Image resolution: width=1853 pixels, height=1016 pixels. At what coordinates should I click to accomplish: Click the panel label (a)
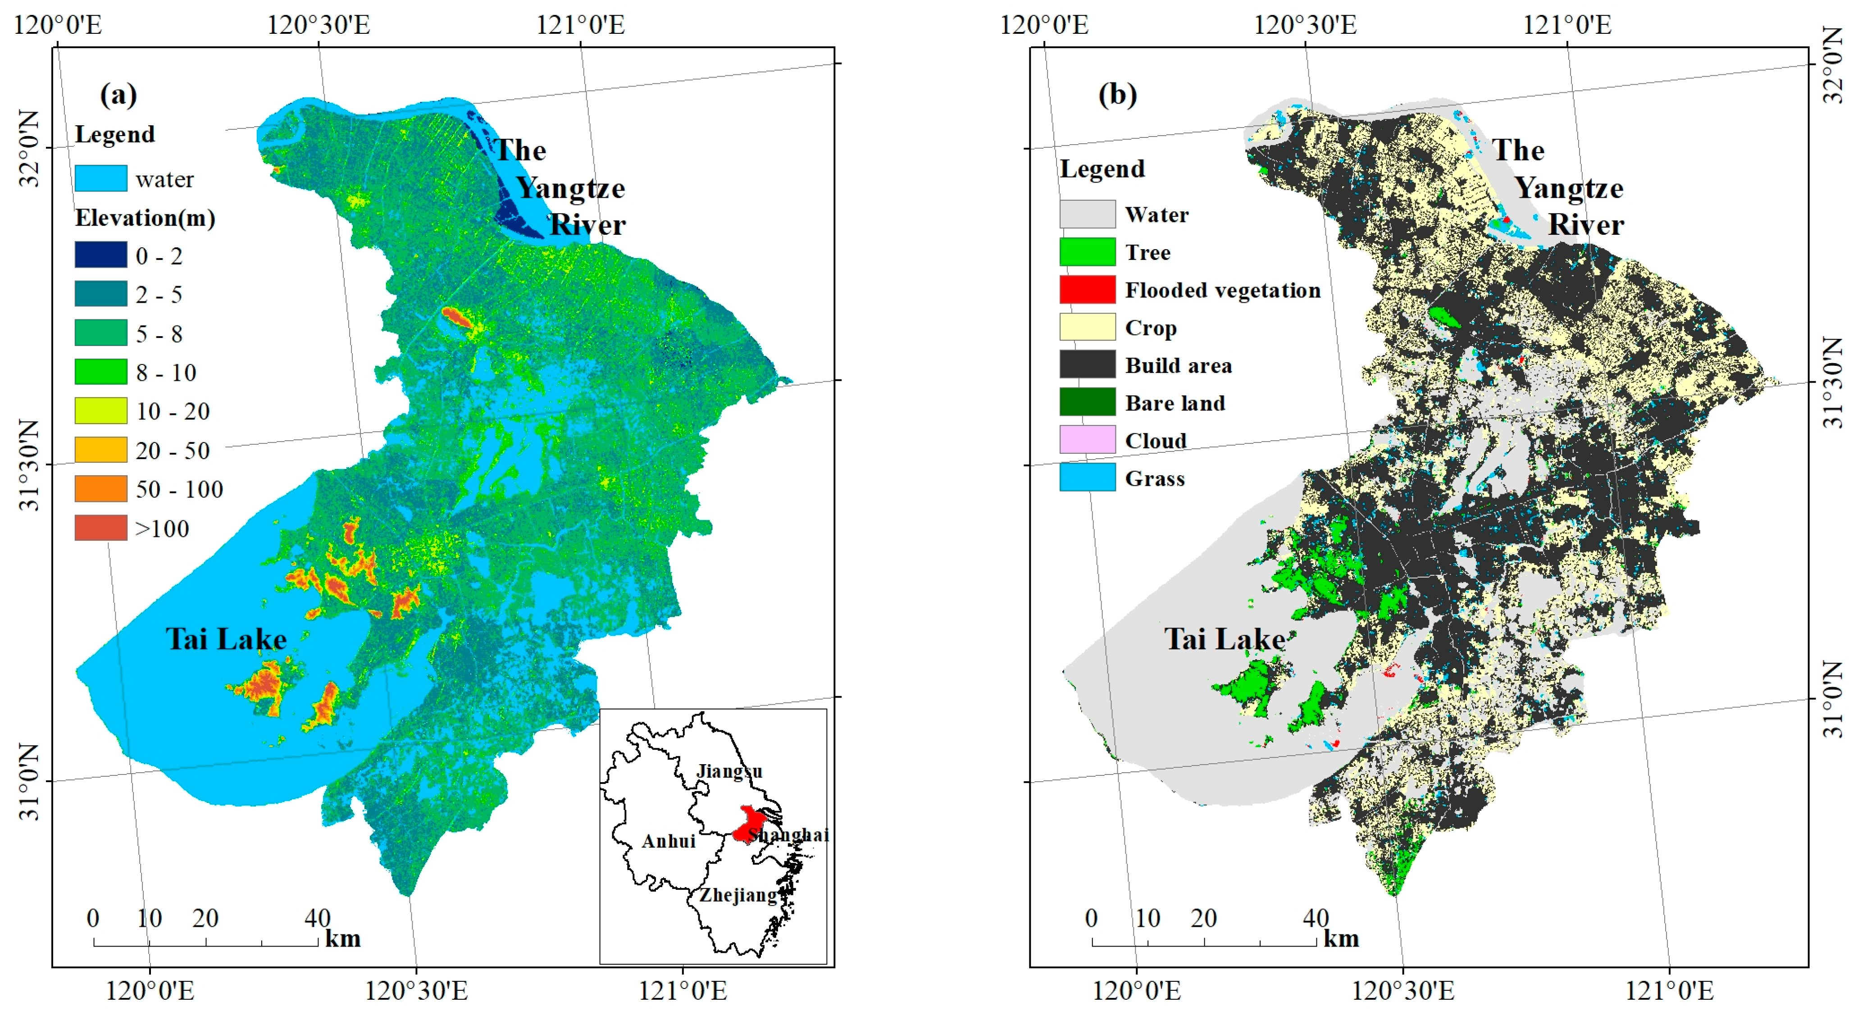pos(118,94)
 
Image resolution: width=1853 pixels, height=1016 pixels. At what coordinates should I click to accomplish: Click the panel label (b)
pos(1117,94)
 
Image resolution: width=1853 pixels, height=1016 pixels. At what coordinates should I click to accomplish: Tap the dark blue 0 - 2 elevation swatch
pos(101,255)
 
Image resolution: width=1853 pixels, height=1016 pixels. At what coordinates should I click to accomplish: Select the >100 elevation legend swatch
pos(101,528)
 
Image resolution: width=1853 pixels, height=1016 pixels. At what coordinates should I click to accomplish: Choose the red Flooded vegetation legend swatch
pos(1087,289)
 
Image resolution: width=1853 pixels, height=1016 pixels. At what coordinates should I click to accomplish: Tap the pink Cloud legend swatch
pos(1087,440)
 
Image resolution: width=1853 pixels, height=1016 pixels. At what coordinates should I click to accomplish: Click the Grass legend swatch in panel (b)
pos(1087,477)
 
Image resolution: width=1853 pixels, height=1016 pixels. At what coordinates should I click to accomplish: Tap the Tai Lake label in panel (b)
pos(1225,639)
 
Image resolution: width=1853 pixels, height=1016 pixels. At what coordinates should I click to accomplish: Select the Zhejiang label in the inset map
pos(738,895)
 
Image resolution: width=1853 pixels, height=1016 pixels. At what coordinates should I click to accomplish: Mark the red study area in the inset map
pos(750,822)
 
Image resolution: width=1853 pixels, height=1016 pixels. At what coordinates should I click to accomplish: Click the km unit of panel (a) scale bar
pos(342,939)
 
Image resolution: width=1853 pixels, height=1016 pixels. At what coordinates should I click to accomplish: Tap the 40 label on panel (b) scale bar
pos(1316,918)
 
